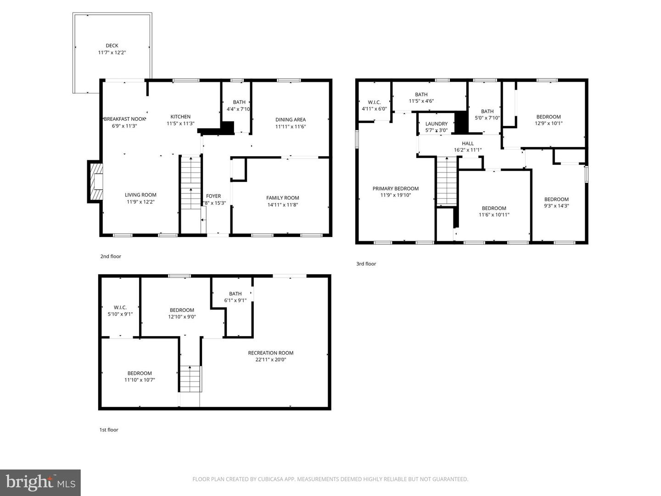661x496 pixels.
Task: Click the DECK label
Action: pyautogui.click(x=112, y=45)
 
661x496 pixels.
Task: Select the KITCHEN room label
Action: pyautogui.click(x=180, y=117)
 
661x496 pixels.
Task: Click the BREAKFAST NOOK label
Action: pyautogui.click(x=125, y=119)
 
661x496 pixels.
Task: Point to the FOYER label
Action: pyautogui.click(x=213, y=196)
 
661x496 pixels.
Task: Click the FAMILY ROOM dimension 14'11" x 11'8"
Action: pyautogui.click(x=282, y=205)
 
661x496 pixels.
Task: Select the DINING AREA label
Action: pyautogui.click(x=291, y=120)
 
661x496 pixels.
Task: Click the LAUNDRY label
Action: pyautogui.click(x=436, y=124)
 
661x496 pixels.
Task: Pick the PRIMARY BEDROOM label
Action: pyautogui.click(x=396, y=188)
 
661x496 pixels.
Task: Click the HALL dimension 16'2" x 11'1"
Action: pyautogui.click(x=468, y=150)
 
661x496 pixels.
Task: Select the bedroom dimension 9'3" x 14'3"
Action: pyautogui.click(x=556, y=206)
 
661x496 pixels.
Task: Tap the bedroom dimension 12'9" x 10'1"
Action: pyautogui.click(x=549, y=123)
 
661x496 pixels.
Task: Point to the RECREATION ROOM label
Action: pyautogui.click(x=271, y=353)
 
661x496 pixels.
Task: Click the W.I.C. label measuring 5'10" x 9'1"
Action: pyautogui.click(x=120, y=308)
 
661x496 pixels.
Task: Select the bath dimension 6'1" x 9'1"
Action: pyautogui.click(x=235, y=300)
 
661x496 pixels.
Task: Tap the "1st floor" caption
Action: pyautogui.click(x=109, y=430)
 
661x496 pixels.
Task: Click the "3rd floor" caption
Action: pyautogui.click(x=366, y=264)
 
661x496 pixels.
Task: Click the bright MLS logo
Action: pyautogui.click(x=40, y=482)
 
